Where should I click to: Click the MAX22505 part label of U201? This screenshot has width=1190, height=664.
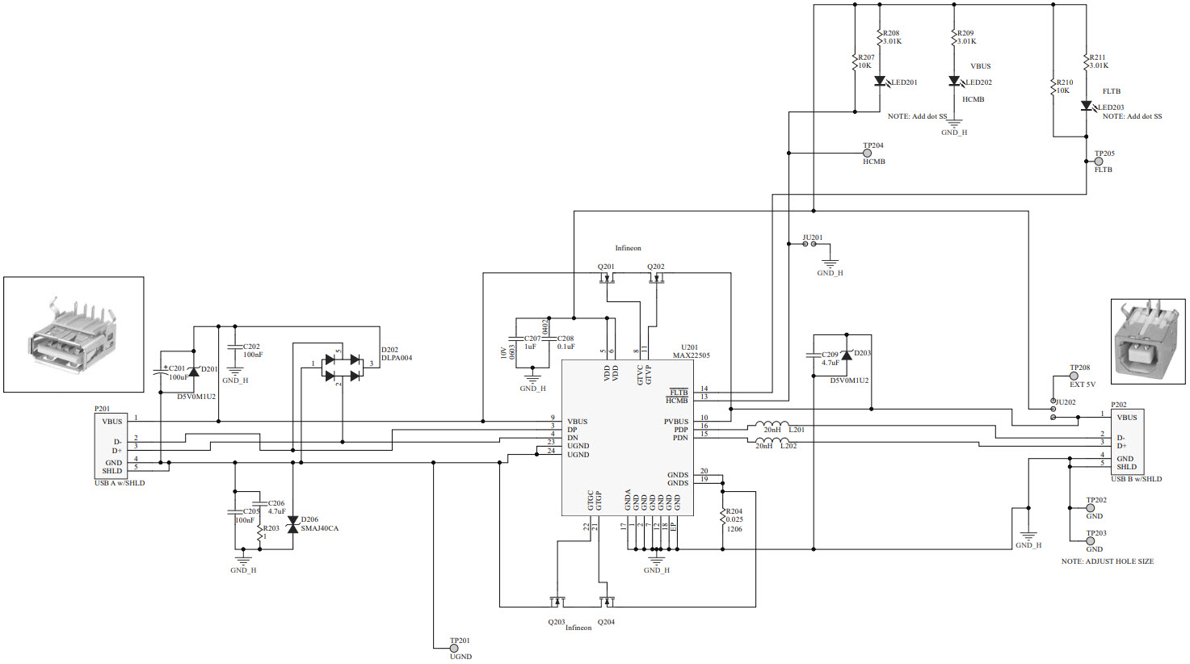(x=691, y=355)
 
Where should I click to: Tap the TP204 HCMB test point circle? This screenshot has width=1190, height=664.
(x=868, y=153)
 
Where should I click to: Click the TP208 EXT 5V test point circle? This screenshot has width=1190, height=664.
(x=1074, y=376)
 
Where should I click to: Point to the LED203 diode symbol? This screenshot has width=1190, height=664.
(x=1087, y=106)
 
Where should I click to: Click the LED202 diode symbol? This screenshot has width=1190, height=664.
(x=954, y=82)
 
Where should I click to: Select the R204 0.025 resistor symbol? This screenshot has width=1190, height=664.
(x=722, y=518)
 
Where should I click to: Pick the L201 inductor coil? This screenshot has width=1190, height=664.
(x=772, y=425)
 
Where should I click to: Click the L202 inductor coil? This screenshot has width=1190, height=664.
(x=772, y=441)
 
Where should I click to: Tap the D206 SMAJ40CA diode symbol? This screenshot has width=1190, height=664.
(x=292, y=524)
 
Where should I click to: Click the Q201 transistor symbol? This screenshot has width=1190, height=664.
(x=606, y=279)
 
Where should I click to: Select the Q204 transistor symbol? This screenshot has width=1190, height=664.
(x=606, y=601)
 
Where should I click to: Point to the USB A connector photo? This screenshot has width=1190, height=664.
(x=74, y=334)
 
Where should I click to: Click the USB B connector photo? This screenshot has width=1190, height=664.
(x=1147, y=341)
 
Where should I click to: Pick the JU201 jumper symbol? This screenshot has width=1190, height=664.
(x=811, y=244)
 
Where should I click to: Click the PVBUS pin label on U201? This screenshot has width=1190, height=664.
(x=675, y=422)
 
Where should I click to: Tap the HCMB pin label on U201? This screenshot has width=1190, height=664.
(x=676, y=401)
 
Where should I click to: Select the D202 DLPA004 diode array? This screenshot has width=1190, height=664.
(x=342, y=368)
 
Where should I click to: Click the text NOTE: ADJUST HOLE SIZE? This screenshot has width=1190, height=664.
(x=1107, y=561)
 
